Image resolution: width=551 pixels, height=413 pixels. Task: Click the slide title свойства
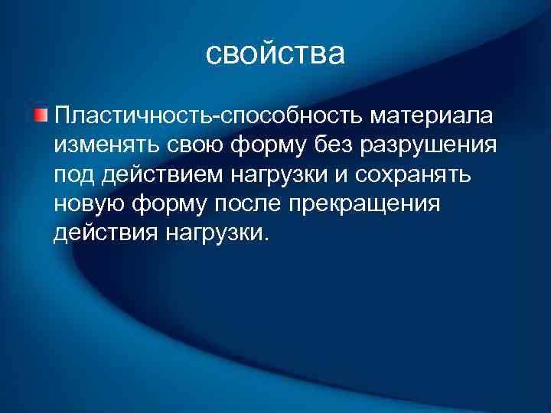coord(275,54)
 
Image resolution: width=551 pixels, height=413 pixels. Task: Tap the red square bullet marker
coord(40,115)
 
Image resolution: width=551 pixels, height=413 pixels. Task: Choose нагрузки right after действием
coord(276,175)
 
